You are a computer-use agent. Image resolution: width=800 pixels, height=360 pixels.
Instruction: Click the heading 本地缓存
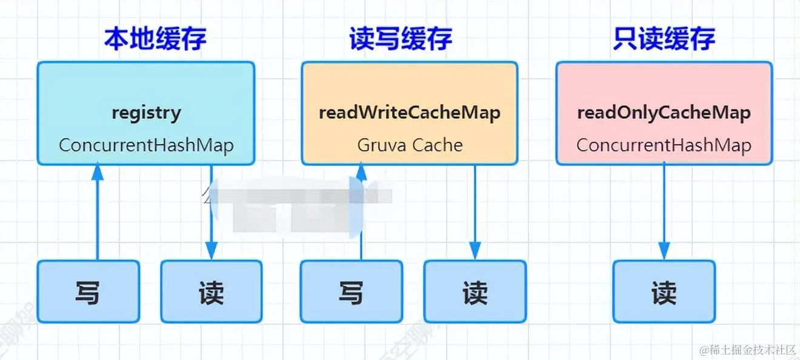click(155, 39)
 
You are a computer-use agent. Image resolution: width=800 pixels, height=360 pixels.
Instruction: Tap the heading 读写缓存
click(401, 39)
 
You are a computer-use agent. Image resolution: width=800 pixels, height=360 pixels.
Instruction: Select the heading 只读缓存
click(664, 39)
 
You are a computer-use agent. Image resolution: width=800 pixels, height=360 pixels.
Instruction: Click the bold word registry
click(146, 113)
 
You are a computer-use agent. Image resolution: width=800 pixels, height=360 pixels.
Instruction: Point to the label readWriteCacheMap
click(410, 113)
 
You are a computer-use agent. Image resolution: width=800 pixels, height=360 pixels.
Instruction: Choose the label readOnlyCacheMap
click(664, 113)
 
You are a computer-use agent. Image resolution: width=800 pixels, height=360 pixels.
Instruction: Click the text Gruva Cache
click(410, 145)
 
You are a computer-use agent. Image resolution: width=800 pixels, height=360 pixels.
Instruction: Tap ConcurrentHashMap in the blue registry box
click(146, 145)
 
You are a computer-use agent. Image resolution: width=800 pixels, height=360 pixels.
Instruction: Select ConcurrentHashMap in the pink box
click(664, 145)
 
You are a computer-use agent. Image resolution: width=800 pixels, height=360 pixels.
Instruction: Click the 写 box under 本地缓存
click(88, 292)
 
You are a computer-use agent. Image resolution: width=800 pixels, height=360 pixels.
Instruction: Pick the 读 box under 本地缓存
click(211, 292)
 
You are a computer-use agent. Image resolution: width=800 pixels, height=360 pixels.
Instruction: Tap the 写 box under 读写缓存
click(351, 292)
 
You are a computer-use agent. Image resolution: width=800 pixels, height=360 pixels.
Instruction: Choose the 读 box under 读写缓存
click(475, 292)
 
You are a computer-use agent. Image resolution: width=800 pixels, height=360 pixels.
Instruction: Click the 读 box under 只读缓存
click(664, 292)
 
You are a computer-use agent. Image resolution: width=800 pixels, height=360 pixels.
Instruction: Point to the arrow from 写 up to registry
click(97, 212)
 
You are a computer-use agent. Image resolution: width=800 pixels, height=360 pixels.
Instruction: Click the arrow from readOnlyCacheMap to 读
click(664, 212)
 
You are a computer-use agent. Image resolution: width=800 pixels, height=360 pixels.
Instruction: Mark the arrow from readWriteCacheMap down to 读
click(475, 212)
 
